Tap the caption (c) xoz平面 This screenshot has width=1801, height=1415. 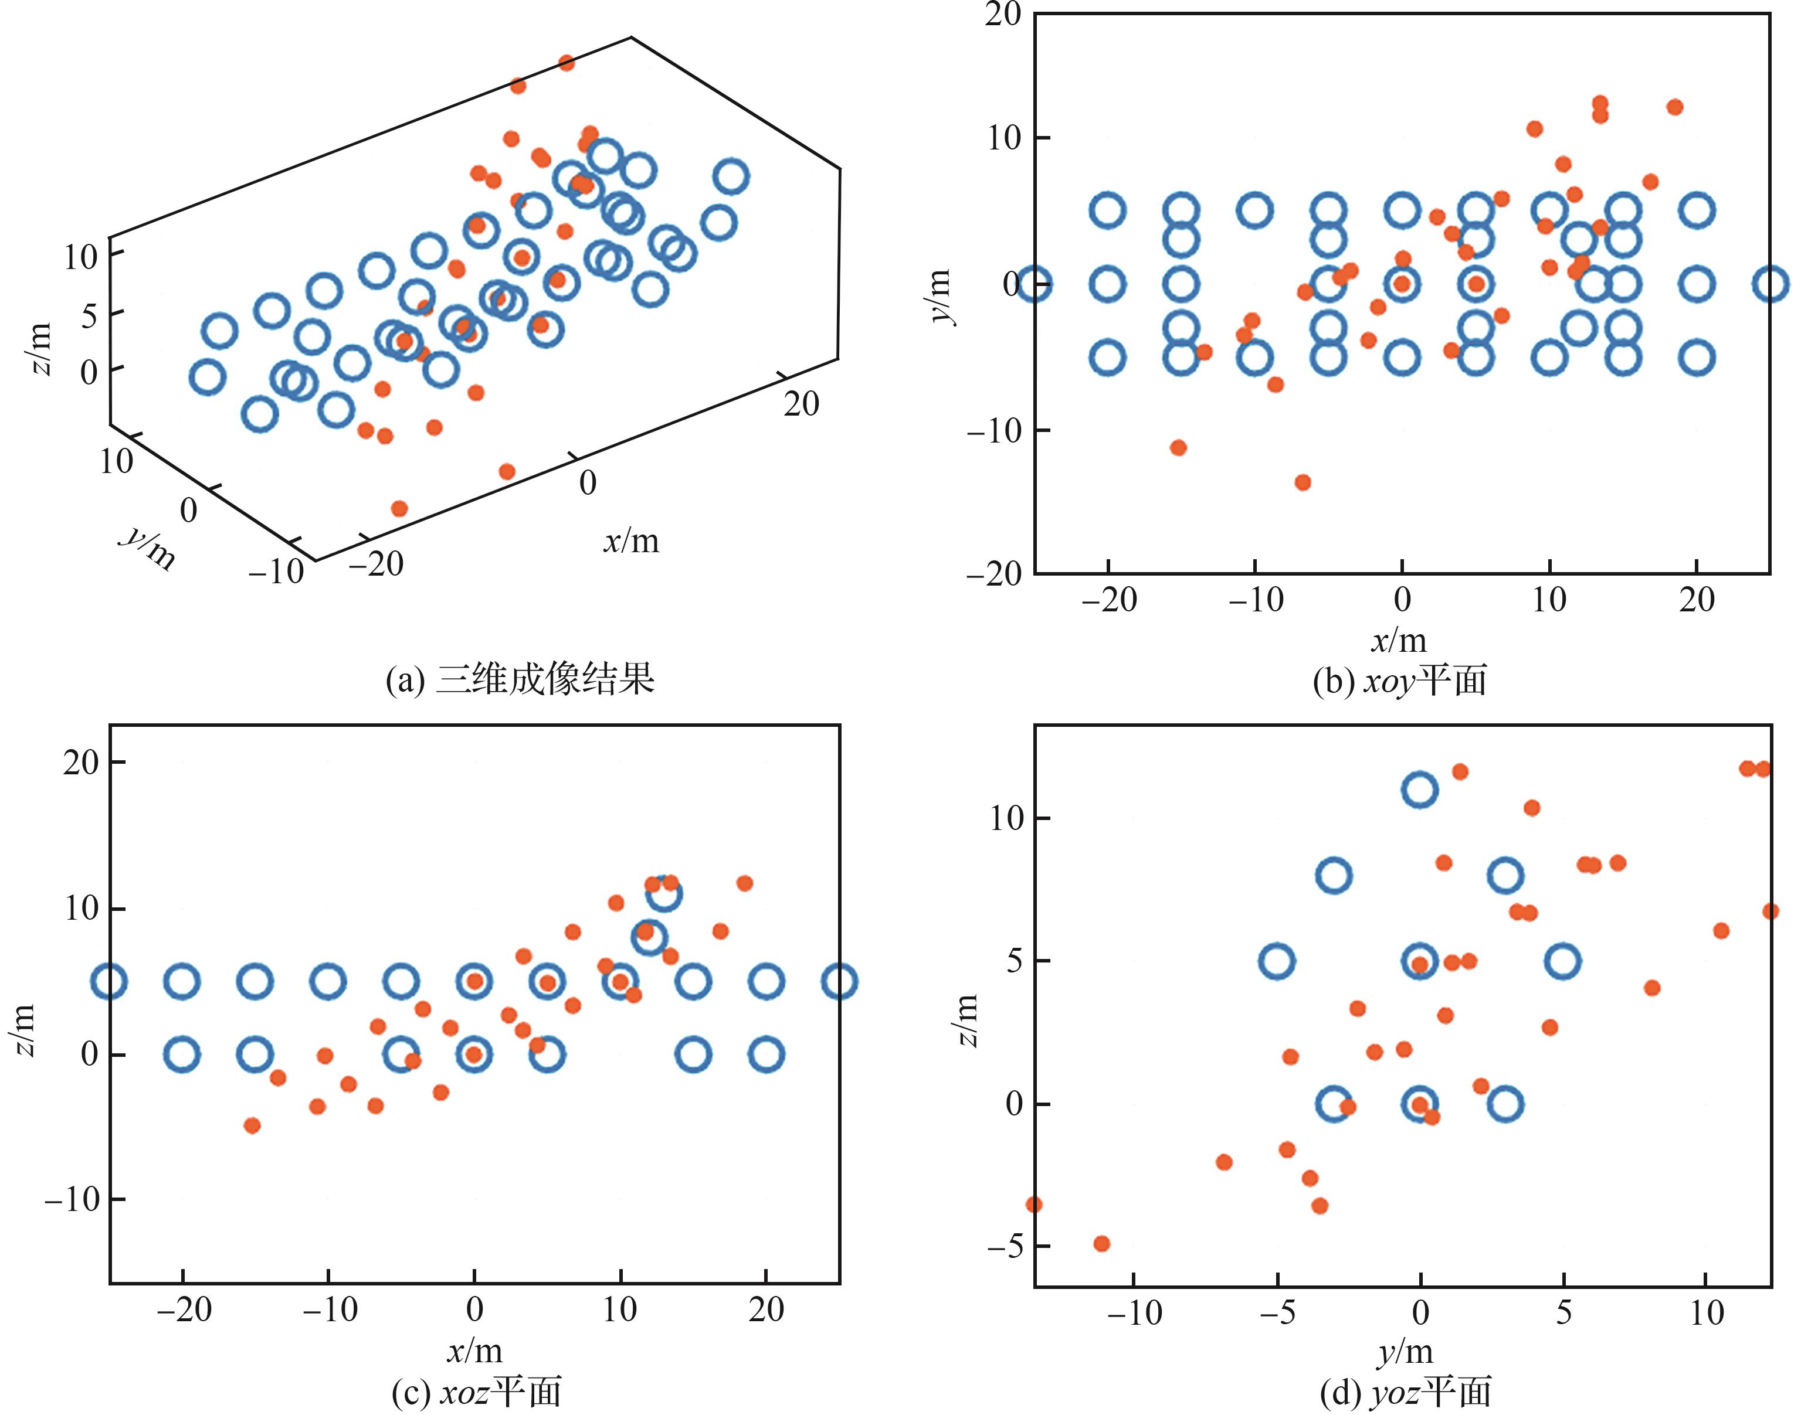[477, 1392]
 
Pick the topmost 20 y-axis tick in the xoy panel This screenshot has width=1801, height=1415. [1003, 14]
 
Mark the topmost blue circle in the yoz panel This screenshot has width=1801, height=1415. [1420, 790]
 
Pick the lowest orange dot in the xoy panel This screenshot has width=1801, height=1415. [1303, 482]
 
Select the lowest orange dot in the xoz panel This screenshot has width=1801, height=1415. [253, 1125]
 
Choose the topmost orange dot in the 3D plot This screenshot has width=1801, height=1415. [566, 62]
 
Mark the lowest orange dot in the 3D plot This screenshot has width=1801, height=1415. [399, 508]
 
